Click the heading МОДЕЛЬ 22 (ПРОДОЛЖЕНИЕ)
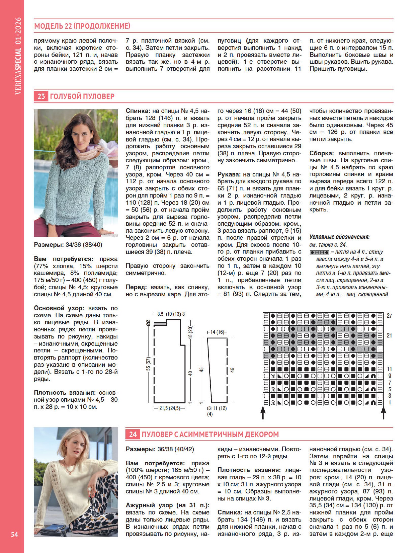point(82,26)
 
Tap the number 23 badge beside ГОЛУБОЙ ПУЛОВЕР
point(41,96)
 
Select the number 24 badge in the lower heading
point(133,434)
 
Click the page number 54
point(14,534)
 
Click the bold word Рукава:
point(229,174)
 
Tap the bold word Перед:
point(136,287)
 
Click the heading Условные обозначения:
point(339,237)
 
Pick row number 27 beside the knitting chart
point(389,316)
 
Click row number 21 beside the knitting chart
point(389,335)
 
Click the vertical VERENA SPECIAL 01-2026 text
point(18,56)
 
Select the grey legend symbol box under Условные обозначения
point(319,253)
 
